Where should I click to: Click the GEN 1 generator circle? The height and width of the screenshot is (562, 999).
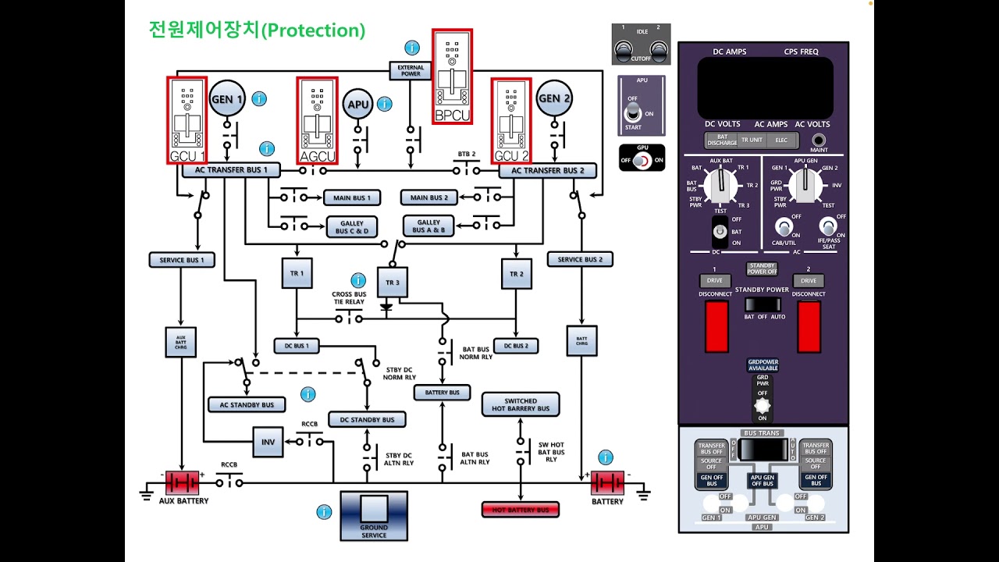(227, 99)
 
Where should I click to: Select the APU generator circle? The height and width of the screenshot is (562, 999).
(358, 104)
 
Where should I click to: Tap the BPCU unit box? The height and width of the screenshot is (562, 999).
(453, 76)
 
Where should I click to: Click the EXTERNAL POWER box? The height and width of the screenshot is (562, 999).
(411, 71)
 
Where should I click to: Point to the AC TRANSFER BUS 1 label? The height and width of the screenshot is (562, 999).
(231, 169)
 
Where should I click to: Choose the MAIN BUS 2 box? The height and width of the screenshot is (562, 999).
(428, 198)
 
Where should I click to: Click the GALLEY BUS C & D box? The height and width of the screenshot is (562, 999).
(352, 227)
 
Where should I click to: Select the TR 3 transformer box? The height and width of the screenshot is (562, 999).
(393, 282)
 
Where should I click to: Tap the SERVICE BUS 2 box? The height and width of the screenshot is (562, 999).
(580, 259)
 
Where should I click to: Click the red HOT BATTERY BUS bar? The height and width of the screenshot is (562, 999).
(521, 510)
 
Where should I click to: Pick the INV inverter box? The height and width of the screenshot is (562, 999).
(268, 442)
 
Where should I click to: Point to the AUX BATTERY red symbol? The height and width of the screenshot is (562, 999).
(182, 482)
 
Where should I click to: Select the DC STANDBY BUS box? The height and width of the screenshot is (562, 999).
(367, 420)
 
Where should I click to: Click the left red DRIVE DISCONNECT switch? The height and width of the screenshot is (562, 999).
(716, 325)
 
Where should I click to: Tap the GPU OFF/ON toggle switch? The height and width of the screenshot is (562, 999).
(642, 160)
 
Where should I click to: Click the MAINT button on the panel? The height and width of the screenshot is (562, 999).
(819, 140)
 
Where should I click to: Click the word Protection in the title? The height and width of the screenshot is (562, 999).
(312, 30)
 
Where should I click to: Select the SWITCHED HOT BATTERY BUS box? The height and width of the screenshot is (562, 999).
(521, 404)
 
